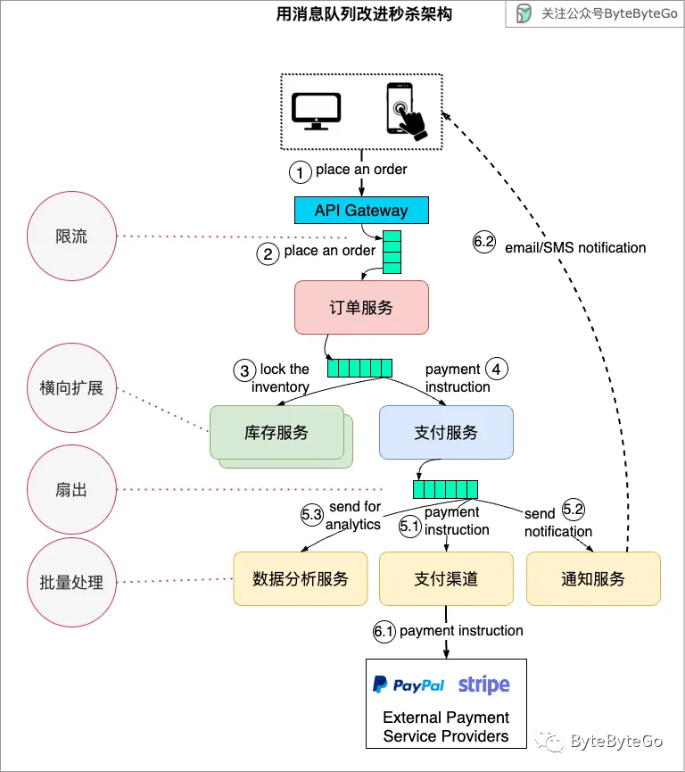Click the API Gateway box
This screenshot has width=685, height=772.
(361, 211)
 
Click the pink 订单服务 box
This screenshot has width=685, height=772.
(361, 308)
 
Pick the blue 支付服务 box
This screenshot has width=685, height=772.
(446, 433)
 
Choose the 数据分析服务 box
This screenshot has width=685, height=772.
(300, 578)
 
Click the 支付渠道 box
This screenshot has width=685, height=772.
(446, 578)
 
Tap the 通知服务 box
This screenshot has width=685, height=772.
(593, 578)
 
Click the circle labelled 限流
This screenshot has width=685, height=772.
(71, 237)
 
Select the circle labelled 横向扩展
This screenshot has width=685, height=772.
(71, 388)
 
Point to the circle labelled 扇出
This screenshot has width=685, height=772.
(71, 490)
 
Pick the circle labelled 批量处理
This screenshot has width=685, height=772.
(71, 582)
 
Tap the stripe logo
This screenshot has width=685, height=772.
(483, 685)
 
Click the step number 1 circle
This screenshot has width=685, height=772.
(301, 170)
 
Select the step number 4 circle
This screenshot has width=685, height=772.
(497, 368)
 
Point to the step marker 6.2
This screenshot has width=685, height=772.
(483, 244)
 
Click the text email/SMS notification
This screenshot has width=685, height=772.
(575, 247)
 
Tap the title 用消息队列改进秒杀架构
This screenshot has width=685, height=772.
(364, 15)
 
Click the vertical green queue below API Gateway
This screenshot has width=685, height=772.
(392, 252)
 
